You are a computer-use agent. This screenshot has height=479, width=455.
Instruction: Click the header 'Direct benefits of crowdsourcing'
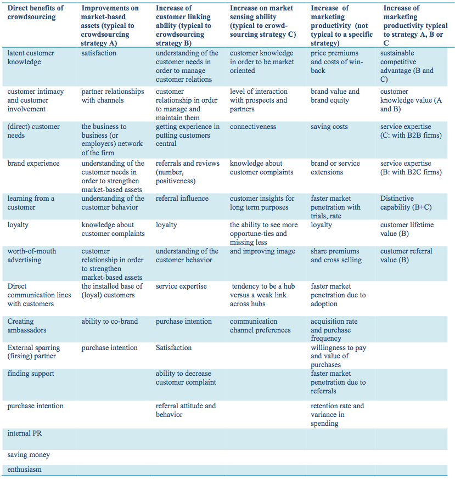point(35,13)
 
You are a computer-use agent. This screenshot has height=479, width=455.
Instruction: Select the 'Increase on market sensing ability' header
point(262,21)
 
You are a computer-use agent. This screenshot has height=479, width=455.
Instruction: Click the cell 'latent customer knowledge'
point(31,58)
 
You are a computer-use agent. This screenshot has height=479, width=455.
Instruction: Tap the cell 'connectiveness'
point(253,127)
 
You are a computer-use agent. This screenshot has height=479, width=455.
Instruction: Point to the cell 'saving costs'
point(329,127)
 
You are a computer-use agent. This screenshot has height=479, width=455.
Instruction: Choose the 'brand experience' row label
point(31,164)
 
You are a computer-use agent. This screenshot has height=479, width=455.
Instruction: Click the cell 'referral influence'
point(182,199)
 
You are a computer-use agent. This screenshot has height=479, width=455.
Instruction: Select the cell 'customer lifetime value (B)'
point(407,229)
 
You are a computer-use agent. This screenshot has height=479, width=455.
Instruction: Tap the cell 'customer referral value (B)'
point(406,256)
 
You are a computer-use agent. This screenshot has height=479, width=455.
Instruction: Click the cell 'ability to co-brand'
point(110,322)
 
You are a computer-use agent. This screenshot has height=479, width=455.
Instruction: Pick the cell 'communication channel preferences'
point(260,326)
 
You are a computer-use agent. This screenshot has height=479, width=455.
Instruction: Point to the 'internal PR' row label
point(24,433)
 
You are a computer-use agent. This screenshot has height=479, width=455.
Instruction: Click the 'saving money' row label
point(29,455)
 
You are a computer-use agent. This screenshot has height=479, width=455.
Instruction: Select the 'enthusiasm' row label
point(25,470)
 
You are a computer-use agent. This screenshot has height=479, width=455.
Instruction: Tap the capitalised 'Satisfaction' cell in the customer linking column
point(174,348)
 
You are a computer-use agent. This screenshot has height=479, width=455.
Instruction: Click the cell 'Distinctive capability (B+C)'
point(405,203)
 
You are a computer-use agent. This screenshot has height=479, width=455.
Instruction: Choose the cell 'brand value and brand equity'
point(335,96)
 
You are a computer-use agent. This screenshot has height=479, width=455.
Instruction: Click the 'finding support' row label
point(31,374)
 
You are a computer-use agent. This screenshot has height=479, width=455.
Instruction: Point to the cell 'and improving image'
point(262,251)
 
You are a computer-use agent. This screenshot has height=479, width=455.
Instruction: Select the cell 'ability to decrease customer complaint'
point(186,378)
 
